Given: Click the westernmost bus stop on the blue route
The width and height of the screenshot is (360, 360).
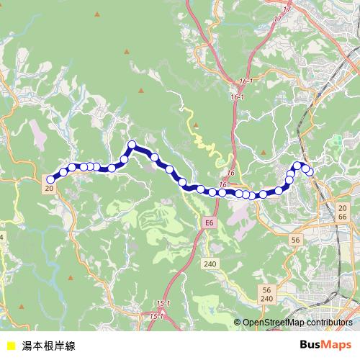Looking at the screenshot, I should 50,179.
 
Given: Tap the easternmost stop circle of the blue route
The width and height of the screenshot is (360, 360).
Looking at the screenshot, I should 310,171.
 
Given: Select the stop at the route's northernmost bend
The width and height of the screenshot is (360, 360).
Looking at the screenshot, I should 132,145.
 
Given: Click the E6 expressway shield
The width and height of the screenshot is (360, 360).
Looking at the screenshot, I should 209,224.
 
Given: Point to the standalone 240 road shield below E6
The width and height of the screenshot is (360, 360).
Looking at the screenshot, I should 210,264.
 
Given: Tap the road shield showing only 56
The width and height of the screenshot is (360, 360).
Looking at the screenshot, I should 295,238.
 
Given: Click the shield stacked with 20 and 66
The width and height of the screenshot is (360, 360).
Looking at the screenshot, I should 343,212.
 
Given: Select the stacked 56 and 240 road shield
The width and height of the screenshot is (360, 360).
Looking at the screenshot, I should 266,294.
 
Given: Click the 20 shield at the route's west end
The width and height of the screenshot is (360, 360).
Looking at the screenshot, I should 49,189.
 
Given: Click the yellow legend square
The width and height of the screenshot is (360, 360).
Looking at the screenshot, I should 10,345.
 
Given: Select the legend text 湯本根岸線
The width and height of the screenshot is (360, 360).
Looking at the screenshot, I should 48,345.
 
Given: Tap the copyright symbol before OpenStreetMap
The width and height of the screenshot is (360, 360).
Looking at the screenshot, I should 237,323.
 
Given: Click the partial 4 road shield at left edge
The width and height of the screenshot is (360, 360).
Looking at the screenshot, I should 2,237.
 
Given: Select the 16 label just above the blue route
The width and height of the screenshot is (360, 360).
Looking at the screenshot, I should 231,174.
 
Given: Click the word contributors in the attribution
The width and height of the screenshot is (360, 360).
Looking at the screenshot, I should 328,323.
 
